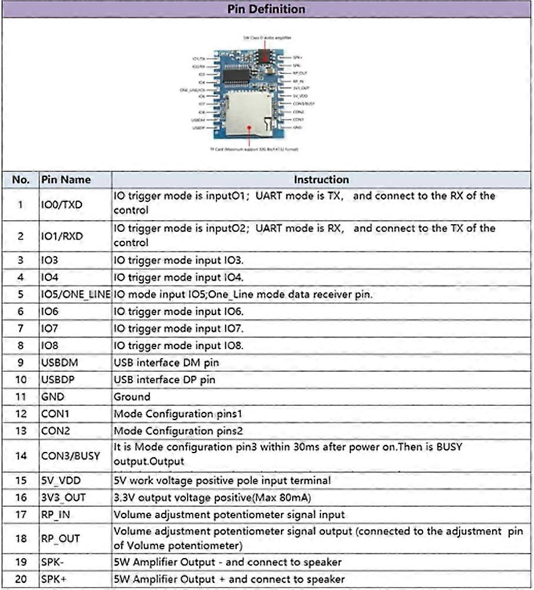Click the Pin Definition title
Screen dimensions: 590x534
tap(266, 9)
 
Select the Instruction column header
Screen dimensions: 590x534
tap(321, 179)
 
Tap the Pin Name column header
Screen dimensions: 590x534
tap(65, 179)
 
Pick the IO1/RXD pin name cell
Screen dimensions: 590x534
tap(62, 236)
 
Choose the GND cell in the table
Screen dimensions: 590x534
tap(53, 396)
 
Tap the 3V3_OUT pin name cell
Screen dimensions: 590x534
tap(63, 497)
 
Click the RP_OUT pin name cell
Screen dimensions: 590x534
tap(60, 539)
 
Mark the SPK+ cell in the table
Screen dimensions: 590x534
tap(54, 579)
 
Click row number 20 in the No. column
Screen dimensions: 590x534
tap(21, 579)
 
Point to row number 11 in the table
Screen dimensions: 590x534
tap(21, 396)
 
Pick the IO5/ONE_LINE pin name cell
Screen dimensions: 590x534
tap(76, 294)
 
